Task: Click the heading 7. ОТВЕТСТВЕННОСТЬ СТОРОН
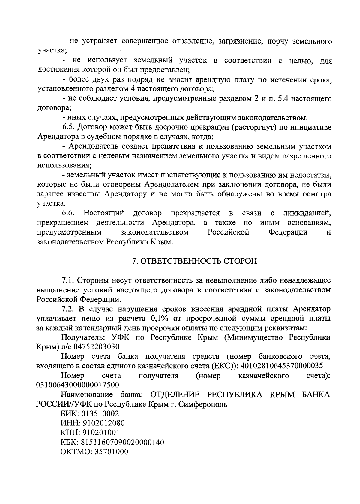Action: click(195, 261)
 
